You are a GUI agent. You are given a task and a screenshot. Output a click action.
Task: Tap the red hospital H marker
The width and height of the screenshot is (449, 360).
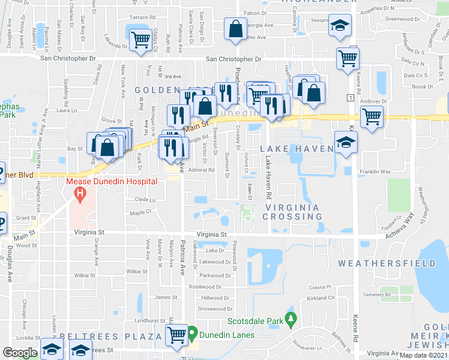[x=78, y=193]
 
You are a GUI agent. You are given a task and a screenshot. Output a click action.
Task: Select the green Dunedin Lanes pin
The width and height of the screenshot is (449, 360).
[x=193, y=332]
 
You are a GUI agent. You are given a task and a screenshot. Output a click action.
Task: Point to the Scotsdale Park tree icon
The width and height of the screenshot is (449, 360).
[x=291, y=317]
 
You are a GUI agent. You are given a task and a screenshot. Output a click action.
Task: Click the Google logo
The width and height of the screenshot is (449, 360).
[x=20, y=352]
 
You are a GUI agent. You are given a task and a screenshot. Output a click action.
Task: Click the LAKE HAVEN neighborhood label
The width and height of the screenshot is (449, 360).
[x=297, y=148]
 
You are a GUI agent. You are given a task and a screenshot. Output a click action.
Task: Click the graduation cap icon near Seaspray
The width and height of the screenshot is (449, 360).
[x=339, y=26]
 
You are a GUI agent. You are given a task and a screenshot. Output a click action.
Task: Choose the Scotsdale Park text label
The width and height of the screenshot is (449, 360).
[x=259, y=322]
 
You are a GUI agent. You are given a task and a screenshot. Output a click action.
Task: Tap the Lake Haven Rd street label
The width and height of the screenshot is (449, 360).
[x=268, y=179]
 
